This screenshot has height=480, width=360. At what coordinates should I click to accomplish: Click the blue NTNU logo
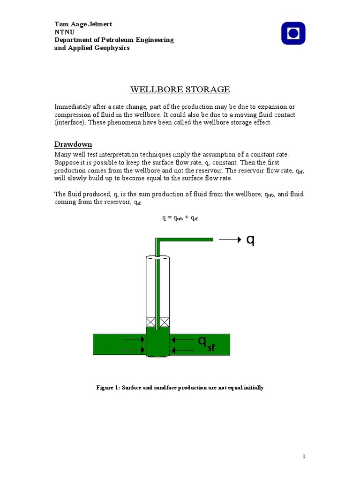(293, 33)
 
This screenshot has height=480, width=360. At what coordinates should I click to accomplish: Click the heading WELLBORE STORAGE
(180, 89)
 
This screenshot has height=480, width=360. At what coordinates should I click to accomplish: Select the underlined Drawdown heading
(73, 144)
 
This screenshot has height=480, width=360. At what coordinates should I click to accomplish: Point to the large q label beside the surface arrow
(251, 240)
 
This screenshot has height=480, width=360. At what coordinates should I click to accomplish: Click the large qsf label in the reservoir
(206, 345)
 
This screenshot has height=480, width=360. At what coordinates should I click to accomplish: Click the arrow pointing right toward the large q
(230, 239)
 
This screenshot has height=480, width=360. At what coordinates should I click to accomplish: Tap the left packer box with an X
(150, 322)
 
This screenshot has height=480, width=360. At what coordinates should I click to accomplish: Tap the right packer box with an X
(164, 322)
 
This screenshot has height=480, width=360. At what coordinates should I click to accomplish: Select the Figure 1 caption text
(180, 388)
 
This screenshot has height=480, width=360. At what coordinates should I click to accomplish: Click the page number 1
(304, 456)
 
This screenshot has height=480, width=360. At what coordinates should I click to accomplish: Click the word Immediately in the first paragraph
(72, 107)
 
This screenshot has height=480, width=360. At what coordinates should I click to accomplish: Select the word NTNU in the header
(64, 32)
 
